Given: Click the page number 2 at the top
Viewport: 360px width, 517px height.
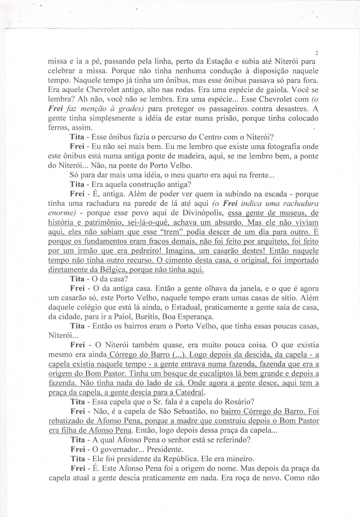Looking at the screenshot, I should tap(317, 53).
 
